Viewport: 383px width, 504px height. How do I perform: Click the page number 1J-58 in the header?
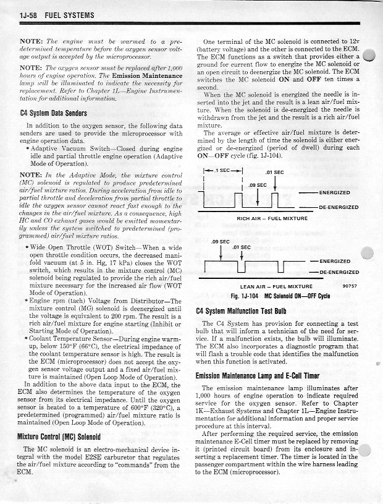pyautogui.click(x=30, y=13)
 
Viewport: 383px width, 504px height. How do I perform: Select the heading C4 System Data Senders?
pyautogui.click(x=54, y=113)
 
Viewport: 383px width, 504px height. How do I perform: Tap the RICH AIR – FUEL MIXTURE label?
pyautogui.click(x=272, y=218)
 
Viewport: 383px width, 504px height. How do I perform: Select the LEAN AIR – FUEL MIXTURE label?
pyautogui.click(x=276, y=287)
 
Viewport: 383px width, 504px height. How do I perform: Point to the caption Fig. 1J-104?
pyautogui.click(x=245, y=296)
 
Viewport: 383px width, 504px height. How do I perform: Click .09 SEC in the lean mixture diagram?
pyautogui.click(x=221, y=241)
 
